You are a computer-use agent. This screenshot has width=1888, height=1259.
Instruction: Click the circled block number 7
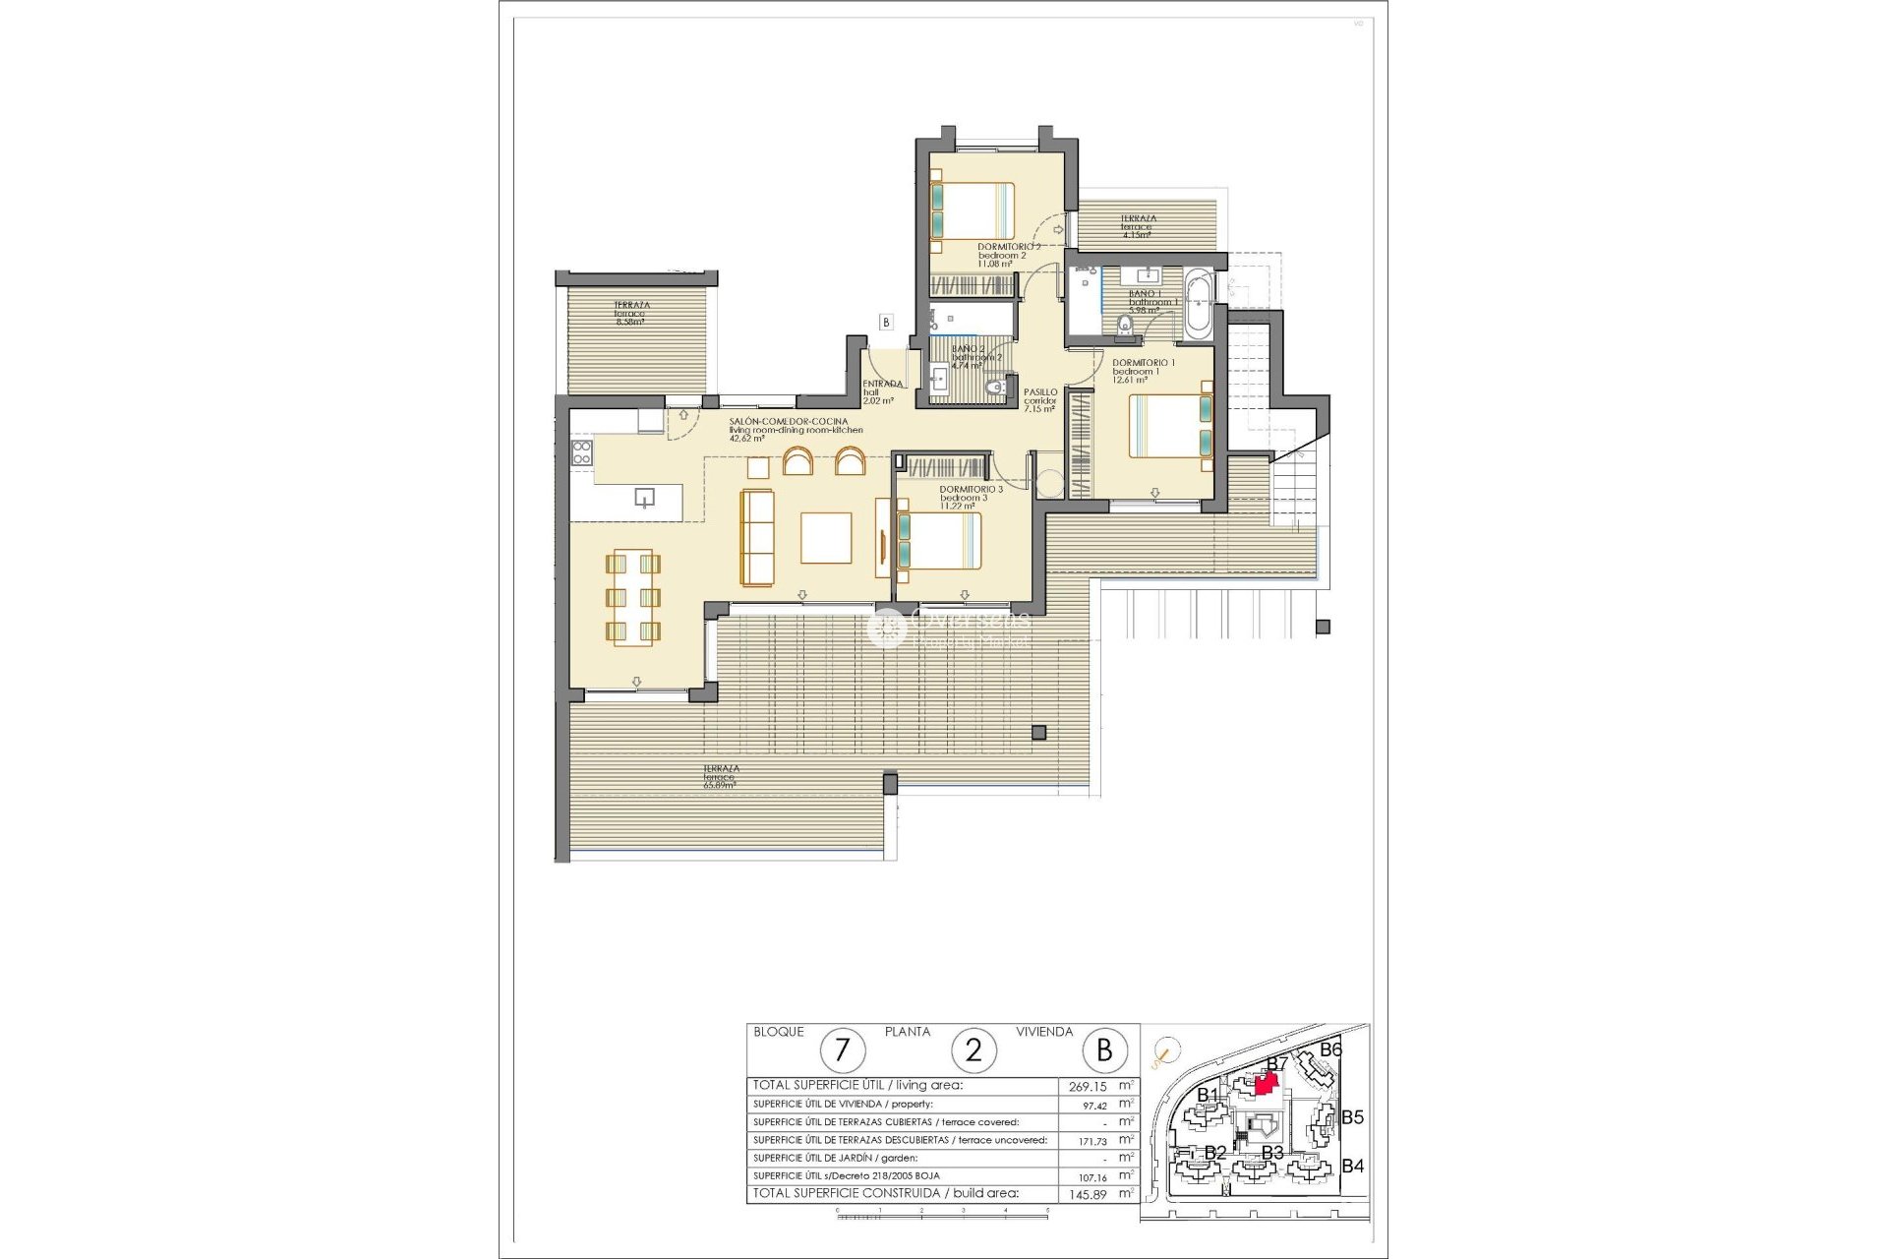(x=842, y=1050)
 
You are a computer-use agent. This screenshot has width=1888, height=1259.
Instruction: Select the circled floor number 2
(x=973, y=1050)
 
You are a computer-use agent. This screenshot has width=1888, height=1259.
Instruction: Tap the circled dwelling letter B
(x=1104, y=1050)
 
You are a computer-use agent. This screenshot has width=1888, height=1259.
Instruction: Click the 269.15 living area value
(x=1088, y=1087)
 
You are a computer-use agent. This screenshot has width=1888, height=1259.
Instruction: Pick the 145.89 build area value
(x=1088, y=1194)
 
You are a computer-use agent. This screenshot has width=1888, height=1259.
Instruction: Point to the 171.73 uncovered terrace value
(x=1088, y=1140)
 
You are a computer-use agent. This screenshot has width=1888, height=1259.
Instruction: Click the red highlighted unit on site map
(x=1267, y=1083)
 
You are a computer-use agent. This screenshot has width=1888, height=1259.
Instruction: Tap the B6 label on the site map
(x=1330, y=1049)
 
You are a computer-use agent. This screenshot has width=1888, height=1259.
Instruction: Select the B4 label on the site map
(x=1353, y=1167)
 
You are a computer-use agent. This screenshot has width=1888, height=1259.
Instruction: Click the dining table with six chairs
(x=633, y=598)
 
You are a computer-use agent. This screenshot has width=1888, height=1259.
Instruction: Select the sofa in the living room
(x=757, y=537)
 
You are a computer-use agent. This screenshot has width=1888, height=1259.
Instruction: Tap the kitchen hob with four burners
(x=581, y=453)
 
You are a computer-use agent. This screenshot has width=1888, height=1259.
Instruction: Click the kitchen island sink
(x=644, y=498)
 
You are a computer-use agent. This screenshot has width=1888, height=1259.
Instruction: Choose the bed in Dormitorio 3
(x=939, y=542)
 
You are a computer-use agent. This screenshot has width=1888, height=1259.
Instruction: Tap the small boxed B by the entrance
(x=886, y=322)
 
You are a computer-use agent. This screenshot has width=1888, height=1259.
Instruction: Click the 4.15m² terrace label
(x=1138, y=227)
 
